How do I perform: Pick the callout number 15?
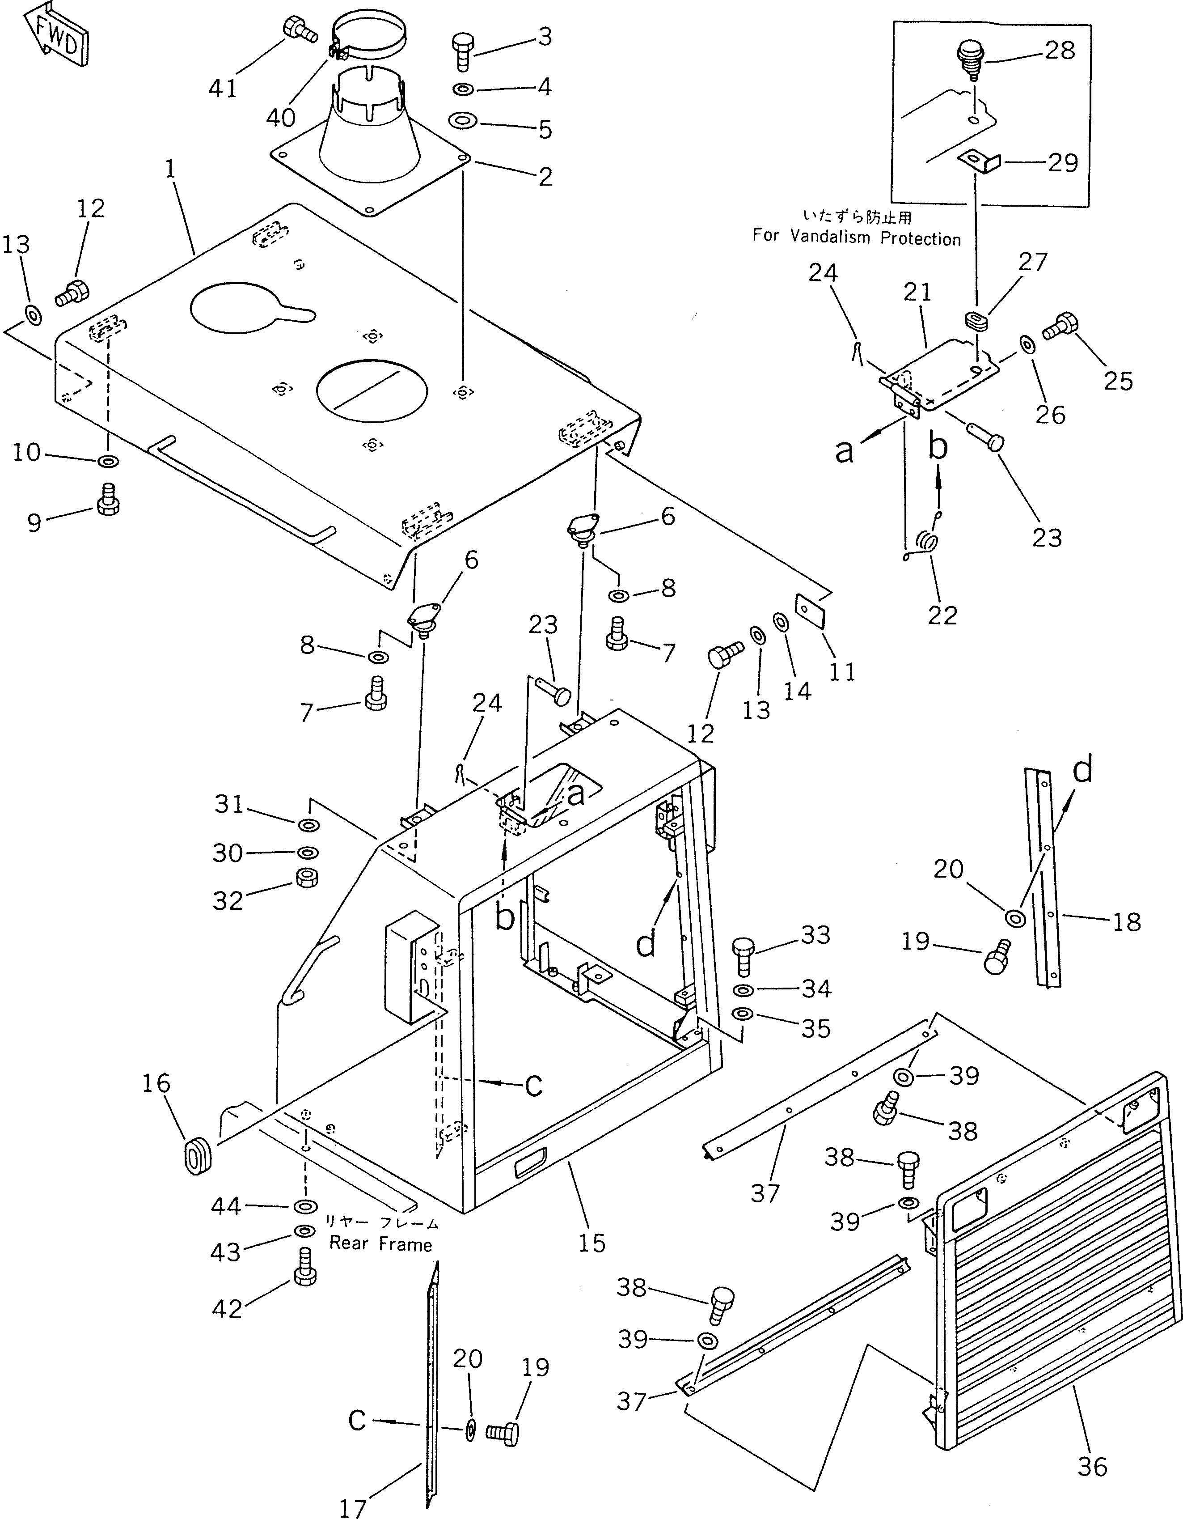tap(591, 1243)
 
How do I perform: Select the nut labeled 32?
tap(307, 878)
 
